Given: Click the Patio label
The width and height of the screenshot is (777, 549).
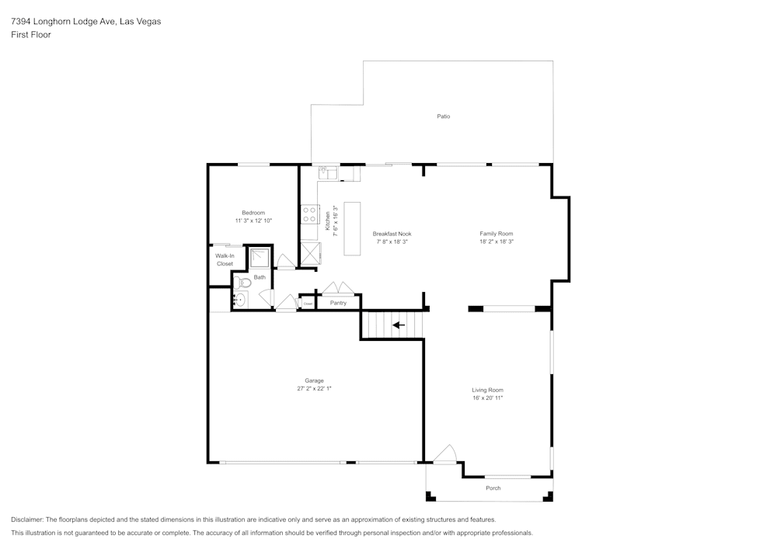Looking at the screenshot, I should [x=443, y=116].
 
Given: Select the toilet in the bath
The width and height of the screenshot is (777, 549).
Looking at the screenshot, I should [x=241, y=283].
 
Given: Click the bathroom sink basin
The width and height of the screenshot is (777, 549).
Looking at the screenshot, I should [x=240, y=299].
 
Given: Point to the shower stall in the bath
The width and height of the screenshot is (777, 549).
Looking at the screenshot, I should [x=259, y=258].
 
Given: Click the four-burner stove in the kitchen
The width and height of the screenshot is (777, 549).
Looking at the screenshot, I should [x=310, y=214].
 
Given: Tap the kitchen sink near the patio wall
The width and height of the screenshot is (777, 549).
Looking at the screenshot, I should [x=328, y=172].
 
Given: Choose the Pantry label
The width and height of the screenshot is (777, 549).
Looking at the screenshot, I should [x=338, y=303].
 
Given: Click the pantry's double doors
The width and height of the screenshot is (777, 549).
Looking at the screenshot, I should [x=338, y=288].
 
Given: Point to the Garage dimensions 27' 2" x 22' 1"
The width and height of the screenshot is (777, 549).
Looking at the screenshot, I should [x=314, y=388].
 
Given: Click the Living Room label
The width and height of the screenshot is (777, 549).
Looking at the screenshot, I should [x=487, y=390].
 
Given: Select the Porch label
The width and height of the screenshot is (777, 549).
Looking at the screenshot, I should [x=493, y=488].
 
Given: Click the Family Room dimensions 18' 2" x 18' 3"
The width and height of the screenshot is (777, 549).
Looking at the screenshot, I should [x=497, y=241].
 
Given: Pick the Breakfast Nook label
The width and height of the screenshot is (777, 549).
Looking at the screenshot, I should [x=392, y=234].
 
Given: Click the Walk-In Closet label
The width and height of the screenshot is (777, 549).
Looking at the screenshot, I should [x=225, y=259].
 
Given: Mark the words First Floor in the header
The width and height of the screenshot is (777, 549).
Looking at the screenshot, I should [x=31, y=35].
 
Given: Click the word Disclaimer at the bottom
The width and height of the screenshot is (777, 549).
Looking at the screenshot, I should [x=27, y=519].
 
